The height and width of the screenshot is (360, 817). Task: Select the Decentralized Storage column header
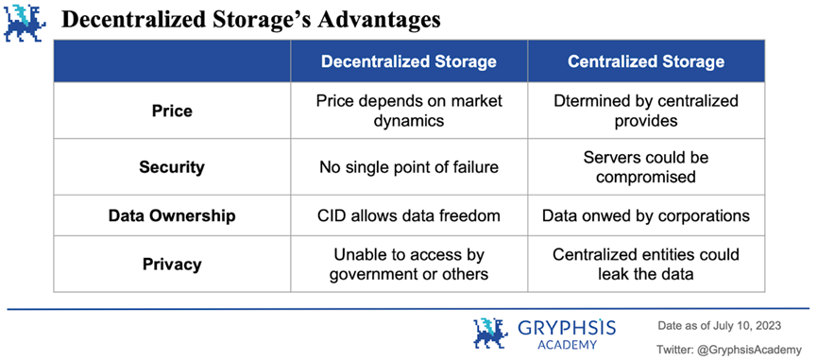[x=408, y=62]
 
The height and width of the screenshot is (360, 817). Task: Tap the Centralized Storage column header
[x=646, y=62]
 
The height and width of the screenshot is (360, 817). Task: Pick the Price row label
[x=172, y=111]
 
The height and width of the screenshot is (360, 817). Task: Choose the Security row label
[x=172, y=167]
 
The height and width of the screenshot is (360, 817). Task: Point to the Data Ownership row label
[x=172, y=215]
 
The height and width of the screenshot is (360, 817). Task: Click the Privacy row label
[x=172, y=265]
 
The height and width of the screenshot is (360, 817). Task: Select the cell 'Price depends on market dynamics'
[x=409, y=110]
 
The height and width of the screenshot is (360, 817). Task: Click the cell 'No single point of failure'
[x=409, y=167]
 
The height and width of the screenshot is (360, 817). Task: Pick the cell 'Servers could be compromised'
[x=646, y=167]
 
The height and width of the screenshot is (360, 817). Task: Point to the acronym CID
[x=333, y=215]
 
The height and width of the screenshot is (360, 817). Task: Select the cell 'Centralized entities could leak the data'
[x=646, y=265]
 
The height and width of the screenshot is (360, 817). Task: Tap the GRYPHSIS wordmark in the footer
[x=567, y=328]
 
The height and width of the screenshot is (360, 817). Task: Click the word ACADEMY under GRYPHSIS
[x=567, y=345]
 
